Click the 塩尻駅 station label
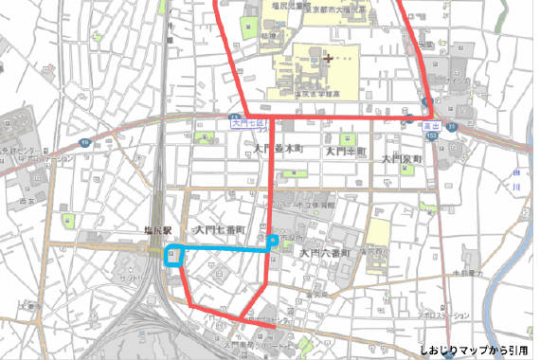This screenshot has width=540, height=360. (x=154, y=230)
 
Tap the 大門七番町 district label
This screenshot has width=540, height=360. (x=220, y=230)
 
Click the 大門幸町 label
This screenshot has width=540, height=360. (x=345, y=151)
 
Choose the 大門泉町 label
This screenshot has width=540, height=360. (x=401, y=159)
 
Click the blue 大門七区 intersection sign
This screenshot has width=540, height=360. (x=248, y=123)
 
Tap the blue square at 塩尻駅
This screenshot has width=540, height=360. (x=173, y=254)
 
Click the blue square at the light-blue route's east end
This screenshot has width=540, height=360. (x=272, y=242)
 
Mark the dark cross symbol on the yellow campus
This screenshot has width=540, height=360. (x=329, y=58)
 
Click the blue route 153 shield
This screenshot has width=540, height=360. (x=431, y=135)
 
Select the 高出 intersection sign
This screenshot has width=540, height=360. (x=428, y=123)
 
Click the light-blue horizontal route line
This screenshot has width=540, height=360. (x=223, y=248)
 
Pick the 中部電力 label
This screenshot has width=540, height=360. (x=467, y=273)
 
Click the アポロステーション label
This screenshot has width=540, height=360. (x=442, y=315)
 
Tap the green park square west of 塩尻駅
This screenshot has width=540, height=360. (x=67, y=220)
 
